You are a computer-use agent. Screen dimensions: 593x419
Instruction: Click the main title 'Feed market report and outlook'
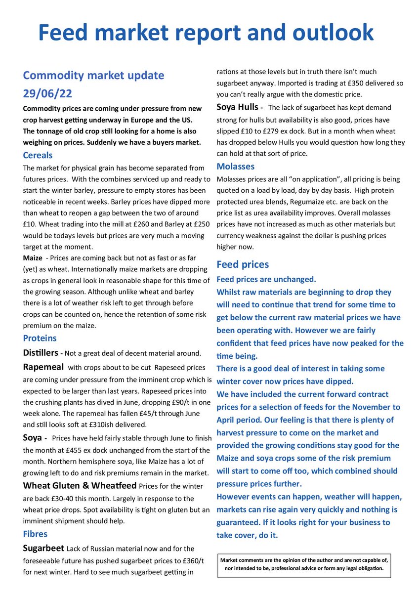(206, 33)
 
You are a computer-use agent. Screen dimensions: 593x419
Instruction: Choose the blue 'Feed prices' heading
(243, 264)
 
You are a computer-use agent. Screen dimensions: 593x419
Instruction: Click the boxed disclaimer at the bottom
(304, 564)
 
